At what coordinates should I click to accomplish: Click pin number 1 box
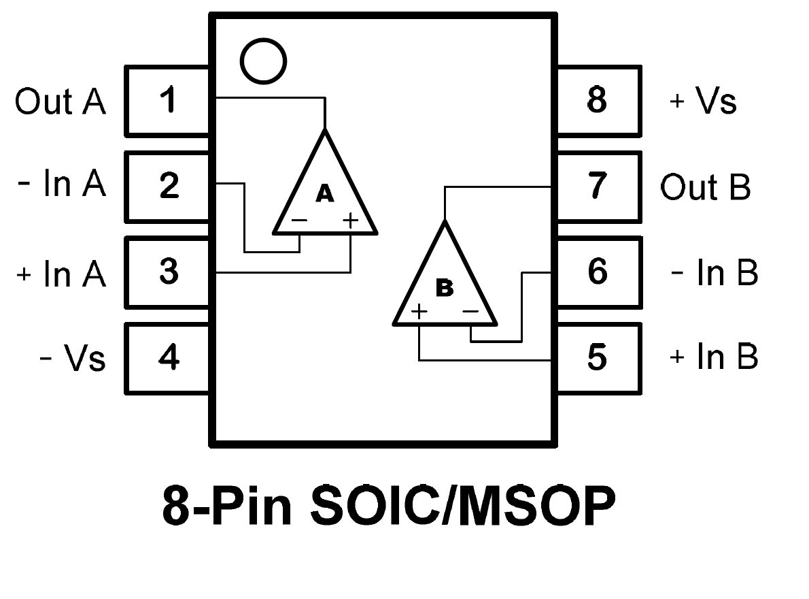(168, 101)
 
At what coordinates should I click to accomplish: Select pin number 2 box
(168, 186)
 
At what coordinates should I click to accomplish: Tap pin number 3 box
(168, 272)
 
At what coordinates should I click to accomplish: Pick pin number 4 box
(168, 357)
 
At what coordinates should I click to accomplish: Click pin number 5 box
(597, 357)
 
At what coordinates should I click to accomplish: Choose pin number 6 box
(597, 272)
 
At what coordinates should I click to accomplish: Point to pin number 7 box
(597, 186)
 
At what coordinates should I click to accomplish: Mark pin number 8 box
(597, 101)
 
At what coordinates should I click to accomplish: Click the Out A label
(61, 102)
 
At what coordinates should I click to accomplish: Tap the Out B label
(705, 187)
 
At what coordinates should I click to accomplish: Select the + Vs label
(703, 102)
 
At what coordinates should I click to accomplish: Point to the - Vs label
(73, 358)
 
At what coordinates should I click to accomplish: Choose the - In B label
(714, 273)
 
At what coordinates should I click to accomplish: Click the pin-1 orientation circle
(263, 61)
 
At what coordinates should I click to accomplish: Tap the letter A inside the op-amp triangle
(325, 195)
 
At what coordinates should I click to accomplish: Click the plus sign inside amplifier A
(349, 220)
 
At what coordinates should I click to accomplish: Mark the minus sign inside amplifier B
(470, 312)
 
